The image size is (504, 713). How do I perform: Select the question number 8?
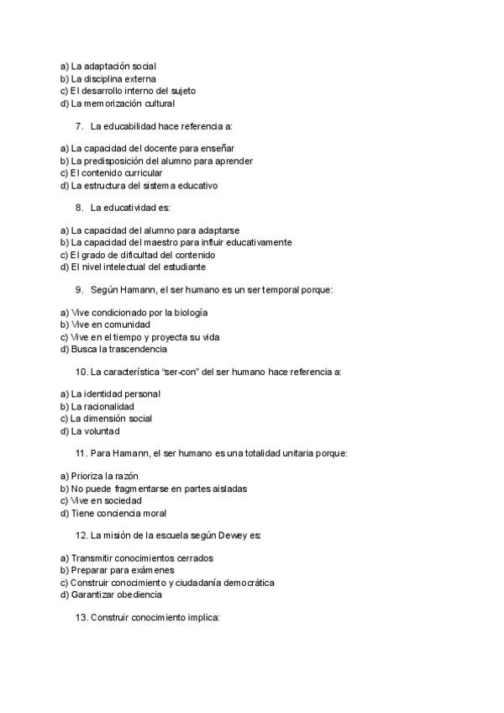point(79,208)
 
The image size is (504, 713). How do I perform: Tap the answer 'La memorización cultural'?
point(117,103)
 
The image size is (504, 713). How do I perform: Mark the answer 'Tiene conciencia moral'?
point(113,513)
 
